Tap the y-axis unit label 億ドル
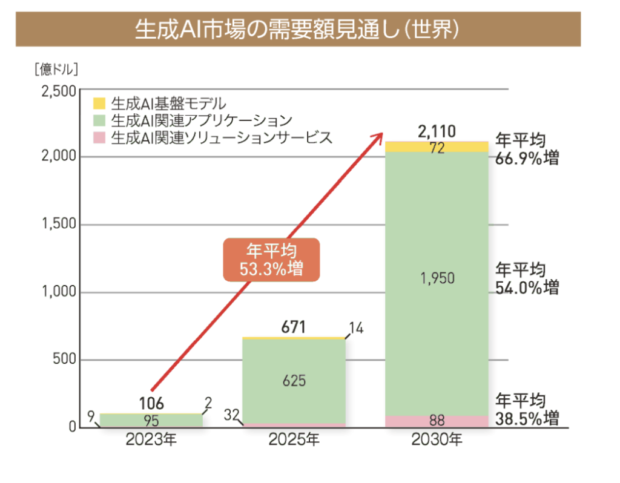tap(56, 68)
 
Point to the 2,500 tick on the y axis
tap(59, 91)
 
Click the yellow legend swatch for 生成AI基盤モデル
tap(100, 102)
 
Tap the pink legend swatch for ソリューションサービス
tap(100, 137)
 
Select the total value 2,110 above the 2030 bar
tap(437, 131)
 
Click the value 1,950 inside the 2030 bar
tap(437, 279)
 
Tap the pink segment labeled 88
tap(437, 421)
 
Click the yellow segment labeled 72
tap(437, 147)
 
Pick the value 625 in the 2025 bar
tap(294, 381)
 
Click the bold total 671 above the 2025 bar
tap(294, 328)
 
